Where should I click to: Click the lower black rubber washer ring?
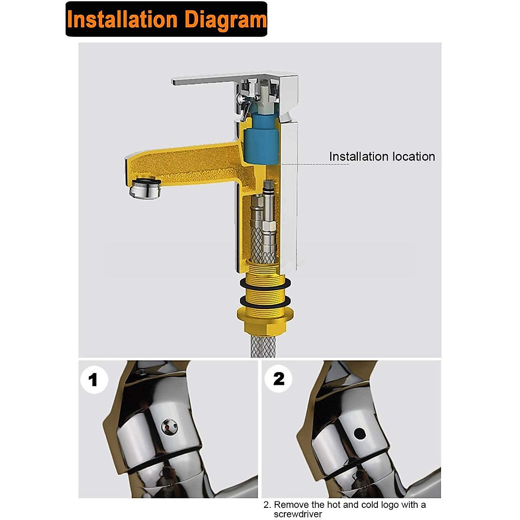click(265, 302)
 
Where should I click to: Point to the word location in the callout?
click(413, 157)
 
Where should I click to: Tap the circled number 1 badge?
click(94, 380)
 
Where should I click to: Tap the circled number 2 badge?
click(279, 379)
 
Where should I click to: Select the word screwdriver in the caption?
click(298, 514)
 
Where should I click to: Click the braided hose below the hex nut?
click(263, 347)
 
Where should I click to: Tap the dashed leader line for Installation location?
click(315, 164)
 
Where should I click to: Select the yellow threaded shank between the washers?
click(265, 293)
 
